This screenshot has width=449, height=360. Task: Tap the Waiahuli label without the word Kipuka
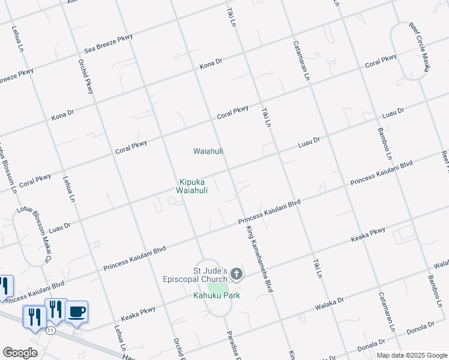coord(208,151)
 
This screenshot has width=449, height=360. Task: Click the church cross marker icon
coord(237,275)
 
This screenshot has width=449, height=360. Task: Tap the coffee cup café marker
coord(77,311)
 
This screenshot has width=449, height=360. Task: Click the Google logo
coord(20,353)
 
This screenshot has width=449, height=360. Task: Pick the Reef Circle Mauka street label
coord(420,47)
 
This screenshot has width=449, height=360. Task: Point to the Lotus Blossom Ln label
coord(8,169)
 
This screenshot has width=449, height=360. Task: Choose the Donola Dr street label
coord(420,329)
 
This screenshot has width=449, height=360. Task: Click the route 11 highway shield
coord(50,331)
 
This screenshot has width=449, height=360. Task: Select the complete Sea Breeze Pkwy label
coord(108,45)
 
